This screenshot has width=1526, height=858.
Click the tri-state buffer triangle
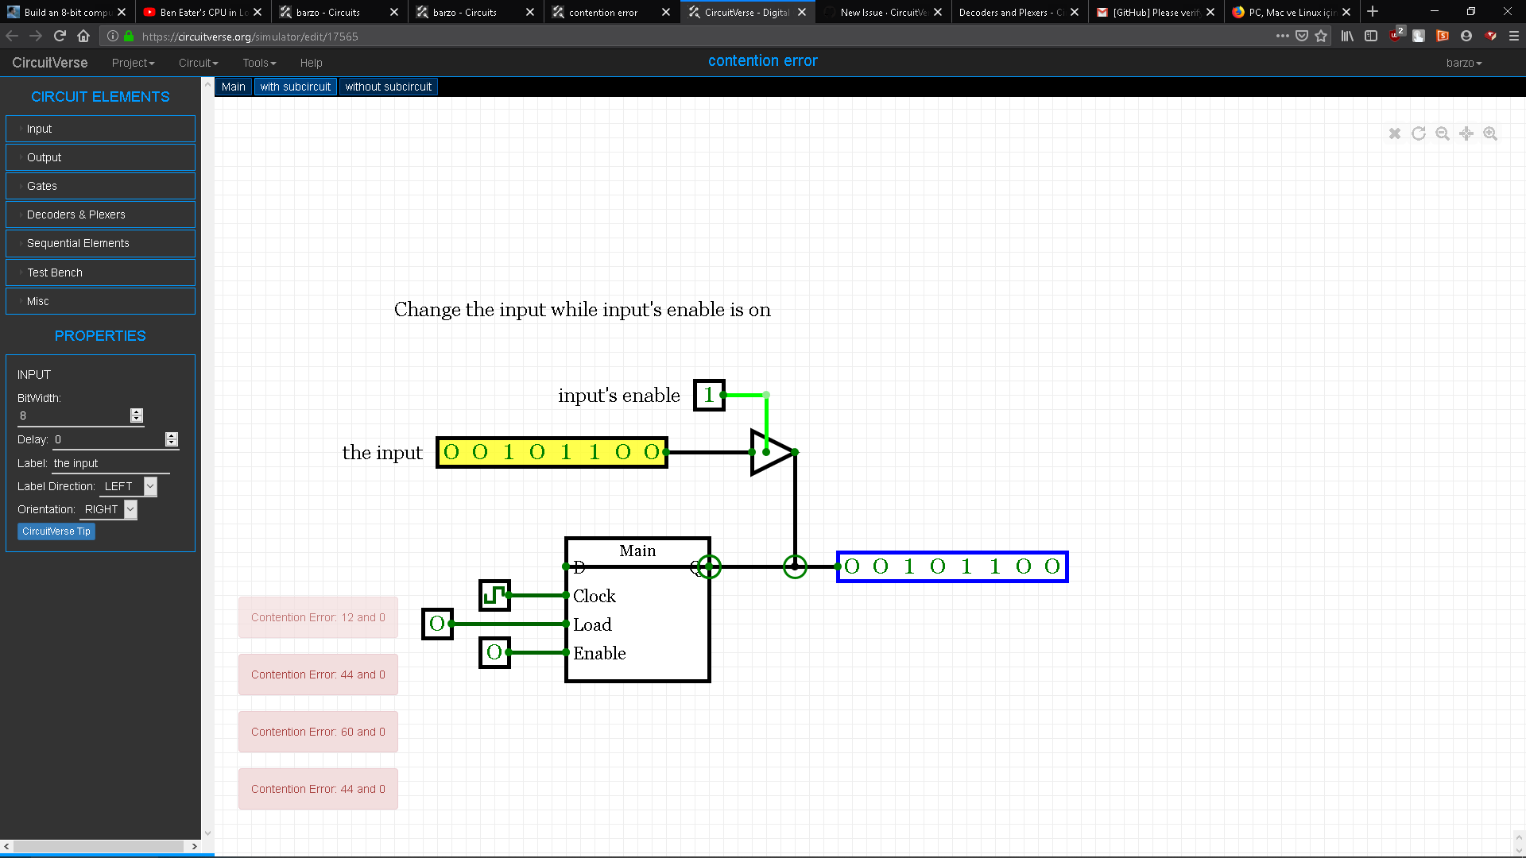[x=769, y=453]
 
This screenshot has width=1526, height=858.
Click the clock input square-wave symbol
[x=494, y=595]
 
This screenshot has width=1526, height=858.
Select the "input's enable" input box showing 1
[x=709, y=395]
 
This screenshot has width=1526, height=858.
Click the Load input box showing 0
[x=437, y=624]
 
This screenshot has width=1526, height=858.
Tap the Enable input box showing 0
[x=494, y=652]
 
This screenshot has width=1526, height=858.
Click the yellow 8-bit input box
[x=552, y=452]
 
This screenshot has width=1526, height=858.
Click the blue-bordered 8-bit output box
[x=952, y=566]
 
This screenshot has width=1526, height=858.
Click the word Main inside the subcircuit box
[x=637, y=551]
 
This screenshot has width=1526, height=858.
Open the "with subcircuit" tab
[x=295, y=87]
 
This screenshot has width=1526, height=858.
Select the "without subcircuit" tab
[x=388, y=87]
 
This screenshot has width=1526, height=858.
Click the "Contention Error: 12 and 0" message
[x=318, y=617]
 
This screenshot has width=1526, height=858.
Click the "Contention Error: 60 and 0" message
[x=318, y=732]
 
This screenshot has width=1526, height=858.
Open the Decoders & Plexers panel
[x=100, y=214]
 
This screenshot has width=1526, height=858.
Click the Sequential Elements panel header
[x=100, y=243]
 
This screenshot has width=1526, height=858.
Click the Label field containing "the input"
[x=111, y=463]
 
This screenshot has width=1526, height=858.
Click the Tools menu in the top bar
[x=259, y=63]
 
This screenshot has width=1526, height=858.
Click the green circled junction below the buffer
[x=795, y=566]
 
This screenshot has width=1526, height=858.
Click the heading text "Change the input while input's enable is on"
[x=582, y=310]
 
